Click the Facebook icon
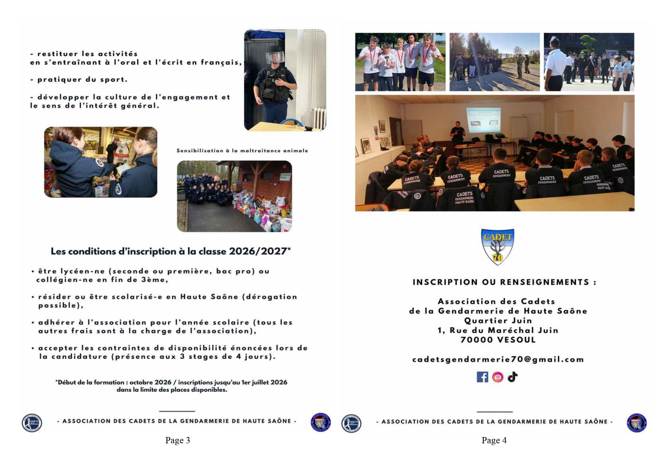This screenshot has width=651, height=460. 482,377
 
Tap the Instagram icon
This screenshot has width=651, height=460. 498,377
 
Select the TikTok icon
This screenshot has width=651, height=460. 513,377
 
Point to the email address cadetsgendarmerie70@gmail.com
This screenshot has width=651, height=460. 498,359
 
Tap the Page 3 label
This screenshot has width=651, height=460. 177,440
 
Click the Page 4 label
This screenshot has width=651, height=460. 494,440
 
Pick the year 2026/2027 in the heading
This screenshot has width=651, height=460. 258,252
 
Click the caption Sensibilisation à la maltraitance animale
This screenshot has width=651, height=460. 242,151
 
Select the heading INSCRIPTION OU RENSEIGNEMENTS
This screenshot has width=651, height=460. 504,282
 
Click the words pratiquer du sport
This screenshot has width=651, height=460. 82,79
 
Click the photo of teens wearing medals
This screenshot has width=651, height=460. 400,62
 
